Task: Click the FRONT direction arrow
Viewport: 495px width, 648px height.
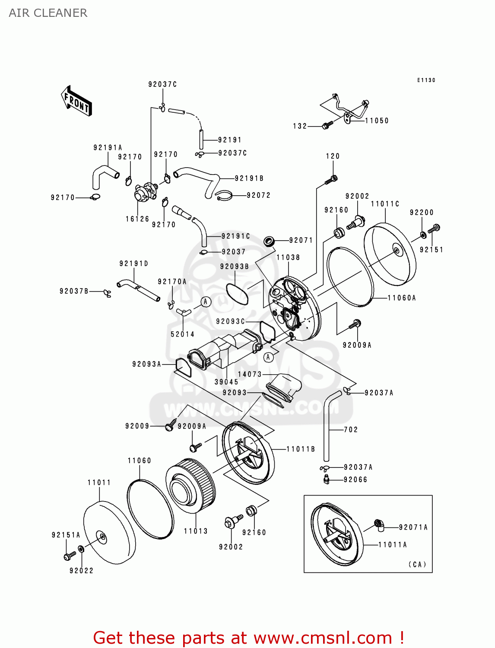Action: tap(76, 101)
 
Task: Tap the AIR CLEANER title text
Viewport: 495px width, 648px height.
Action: tap(48, 13)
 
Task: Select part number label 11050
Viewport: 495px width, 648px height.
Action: tap(377, 121)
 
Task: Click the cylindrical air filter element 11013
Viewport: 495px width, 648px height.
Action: tap(190, 486)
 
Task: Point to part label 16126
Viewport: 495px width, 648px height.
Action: tap(137, 219)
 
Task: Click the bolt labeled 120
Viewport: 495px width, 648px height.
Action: tap(332, 179)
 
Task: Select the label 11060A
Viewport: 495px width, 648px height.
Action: tap(402, 298)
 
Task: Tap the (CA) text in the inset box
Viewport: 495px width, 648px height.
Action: tap(417, 564)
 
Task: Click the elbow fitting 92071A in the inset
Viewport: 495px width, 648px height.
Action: tap(379, 524)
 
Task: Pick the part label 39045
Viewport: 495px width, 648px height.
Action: tap(226, 382)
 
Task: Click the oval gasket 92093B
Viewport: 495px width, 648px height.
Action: tap(237, 294)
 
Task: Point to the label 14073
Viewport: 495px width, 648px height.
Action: tap(250, 374)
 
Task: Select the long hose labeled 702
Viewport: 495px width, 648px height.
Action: tap(327, 428)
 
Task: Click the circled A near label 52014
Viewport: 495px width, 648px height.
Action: tap(206, 302)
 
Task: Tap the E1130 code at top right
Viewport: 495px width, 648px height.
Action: tap(426, 80)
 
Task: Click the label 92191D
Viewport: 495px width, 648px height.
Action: tap(133, 264)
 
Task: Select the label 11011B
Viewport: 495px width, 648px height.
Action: tap(301, 449)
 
